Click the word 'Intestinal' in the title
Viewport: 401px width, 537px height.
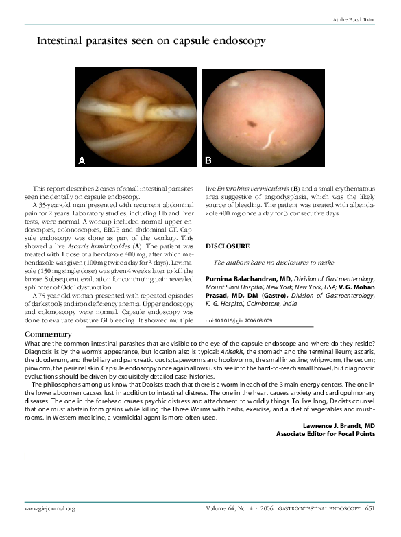(62, 42)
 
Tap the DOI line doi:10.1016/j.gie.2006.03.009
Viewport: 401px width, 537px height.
(240, 320)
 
